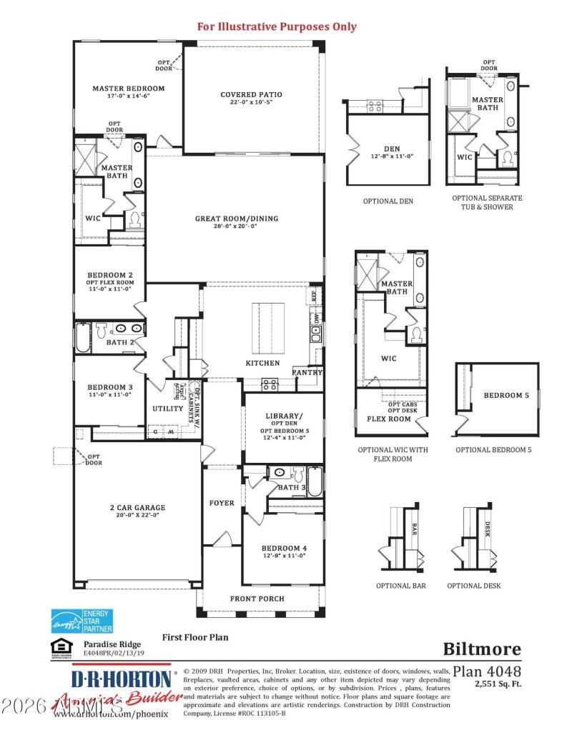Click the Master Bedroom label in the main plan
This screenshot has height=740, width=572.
(128, 89)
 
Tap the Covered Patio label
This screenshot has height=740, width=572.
(251, 94)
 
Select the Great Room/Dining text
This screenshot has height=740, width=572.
(237, 219)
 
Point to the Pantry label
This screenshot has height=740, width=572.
(307, 372)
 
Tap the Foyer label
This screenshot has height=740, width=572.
(222, 503)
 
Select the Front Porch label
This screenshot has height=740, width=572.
(257, 599)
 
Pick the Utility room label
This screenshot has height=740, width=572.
(168, 409)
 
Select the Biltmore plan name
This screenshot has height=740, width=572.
(482, 649)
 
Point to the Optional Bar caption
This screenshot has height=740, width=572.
(401, 586)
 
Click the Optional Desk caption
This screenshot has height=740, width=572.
(474, 586)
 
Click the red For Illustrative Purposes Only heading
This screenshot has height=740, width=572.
(277, 27)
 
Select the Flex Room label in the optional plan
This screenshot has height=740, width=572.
(388, 419)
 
